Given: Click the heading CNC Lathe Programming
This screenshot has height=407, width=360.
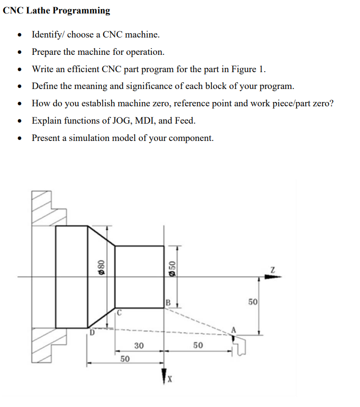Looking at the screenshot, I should coord(56,11).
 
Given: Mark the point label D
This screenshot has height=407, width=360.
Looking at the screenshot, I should coord(91,332).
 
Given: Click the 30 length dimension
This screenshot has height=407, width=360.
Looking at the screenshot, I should coord(139,345).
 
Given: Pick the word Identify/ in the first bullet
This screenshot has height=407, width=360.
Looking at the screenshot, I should coord(49,35).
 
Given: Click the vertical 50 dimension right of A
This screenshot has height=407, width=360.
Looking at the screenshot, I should coord(253,303).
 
